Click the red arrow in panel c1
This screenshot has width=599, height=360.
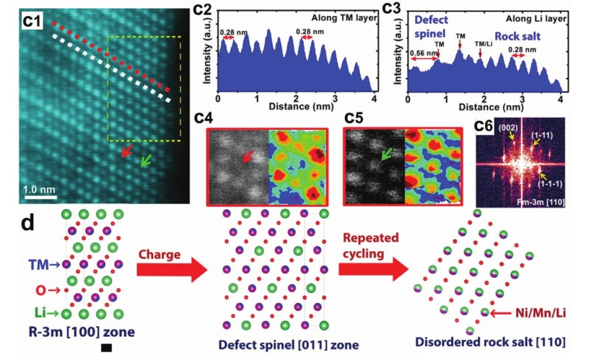(x=127, y=151)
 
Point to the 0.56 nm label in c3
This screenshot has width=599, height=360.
(x=423, y=53)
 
